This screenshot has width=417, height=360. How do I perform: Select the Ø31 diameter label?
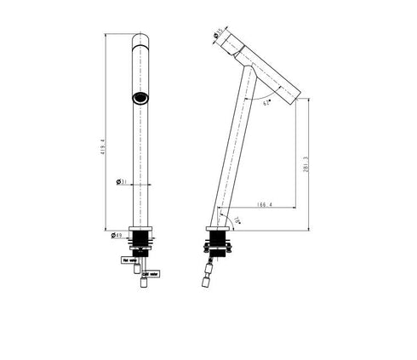pos(121,181)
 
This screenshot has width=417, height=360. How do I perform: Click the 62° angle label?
pos(266,103)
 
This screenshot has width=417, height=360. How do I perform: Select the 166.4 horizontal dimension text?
pos(264,204)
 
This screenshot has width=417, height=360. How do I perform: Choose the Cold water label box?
pos(150,275)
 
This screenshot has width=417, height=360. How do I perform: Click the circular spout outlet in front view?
pos(140,98)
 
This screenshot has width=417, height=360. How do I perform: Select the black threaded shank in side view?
pos(219,246)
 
